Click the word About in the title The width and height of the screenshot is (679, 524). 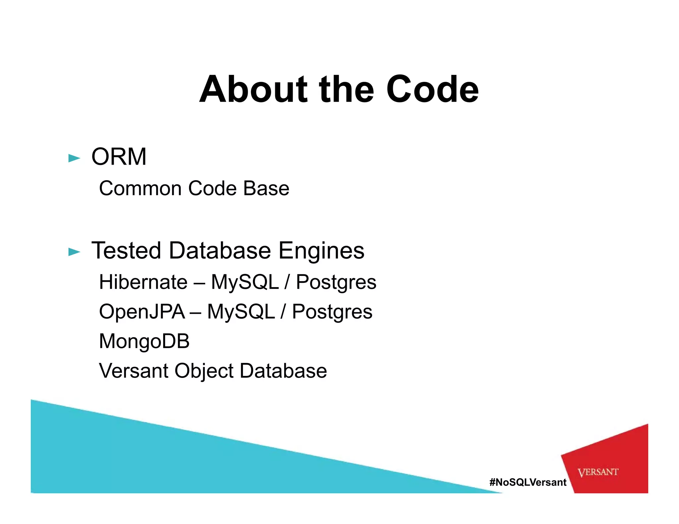point(254,89)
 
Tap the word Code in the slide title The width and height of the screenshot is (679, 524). point(432,89)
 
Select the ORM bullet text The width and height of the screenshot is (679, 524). point(119,157)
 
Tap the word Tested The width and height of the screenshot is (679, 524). point(126,250)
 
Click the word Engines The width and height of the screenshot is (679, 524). point(321,251)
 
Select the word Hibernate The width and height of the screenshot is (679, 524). point(143,282)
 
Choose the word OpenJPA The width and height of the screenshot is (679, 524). point(142,312)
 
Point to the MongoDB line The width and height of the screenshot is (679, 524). point(144,341)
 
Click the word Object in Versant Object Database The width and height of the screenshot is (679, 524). point(204,371)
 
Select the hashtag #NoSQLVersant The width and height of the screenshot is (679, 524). point(528,482)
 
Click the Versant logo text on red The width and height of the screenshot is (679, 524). point(598,472)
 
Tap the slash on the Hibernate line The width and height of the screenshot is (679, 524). point(287,282)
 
